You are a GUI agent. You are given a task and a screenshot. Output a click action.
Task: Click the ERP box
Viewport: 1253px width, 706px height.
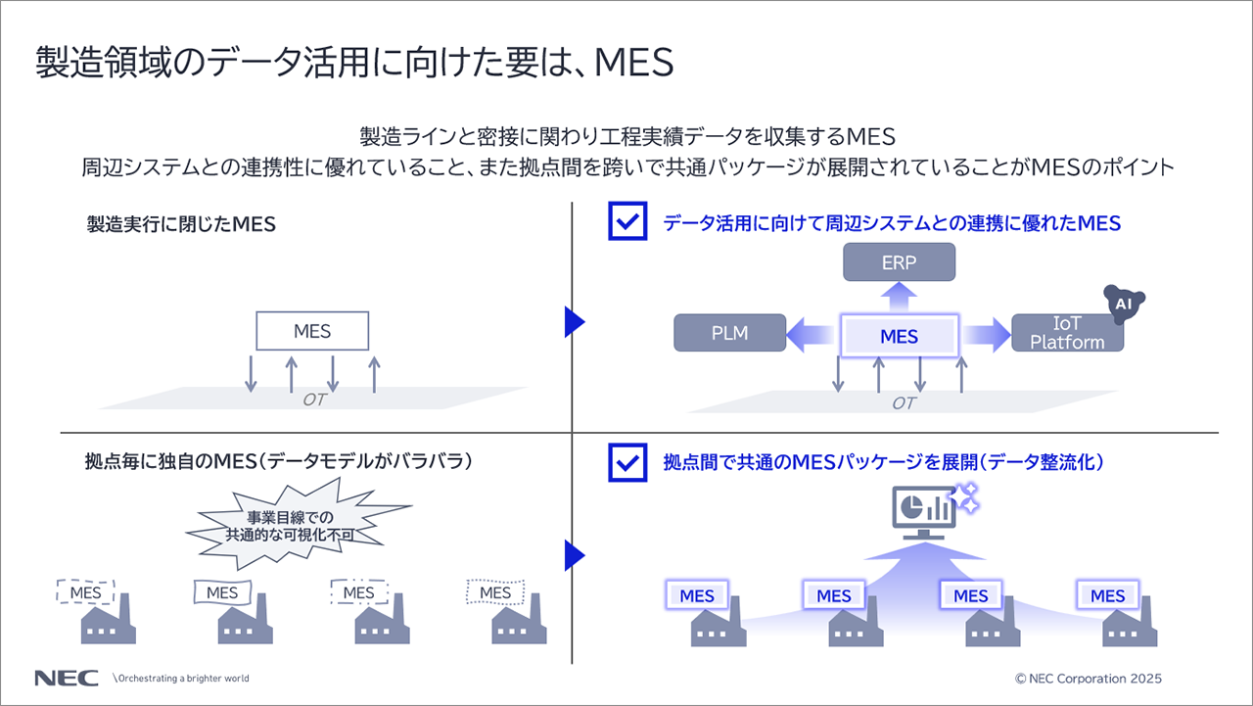pos(899,262)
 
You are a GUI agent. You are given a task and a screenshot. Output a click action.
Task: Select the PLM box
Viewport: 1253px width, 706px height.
pos(729,333)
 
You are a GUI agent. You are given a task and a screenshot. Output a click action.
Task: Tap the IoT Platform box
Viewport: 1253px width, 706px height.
pos(1067,333)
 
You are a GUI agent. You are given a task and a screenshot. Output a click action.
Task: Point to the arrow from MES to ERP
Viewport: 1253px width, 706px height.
pos(899,297)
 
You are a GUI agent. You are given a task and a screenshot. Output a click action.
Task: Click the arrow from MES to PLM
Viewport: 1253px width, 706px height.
pos(812,334)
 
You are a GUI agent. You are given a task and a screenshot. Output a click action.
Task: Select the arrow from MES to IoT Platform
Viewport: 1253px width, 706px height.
pos(985,335)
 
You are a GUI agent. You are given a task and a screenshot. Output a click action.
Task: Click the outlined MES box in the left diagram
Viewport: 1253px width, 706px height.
pos(312,331)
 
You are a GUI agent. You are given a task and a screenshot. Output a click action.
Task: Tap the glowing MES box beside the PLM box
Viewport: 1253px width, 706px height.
pos(899,336)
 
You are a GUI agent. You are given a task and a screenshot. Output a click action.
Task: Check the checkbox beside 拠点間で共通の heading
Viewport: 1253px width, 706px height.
pos(627,462)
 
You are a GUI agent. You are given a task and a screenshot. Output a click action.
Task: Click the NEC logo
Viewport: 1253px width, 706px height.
pos(66,678)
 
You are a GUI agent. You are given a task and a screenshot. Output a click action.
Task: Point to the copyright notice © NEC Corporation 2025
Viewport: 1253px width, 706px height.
pos(1090,678)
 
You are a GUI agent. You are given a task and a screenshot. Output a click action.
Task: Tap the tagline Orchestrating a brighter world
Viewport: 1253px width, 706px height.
pos(182,678)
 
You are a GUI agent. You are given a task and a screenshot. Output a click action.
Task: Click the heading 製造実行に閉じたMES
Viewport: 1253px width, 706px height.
pos(181,224)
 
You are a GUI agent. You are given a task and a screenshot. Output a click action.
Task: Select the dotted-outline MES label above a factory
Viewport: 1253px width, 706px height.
pos(495,592)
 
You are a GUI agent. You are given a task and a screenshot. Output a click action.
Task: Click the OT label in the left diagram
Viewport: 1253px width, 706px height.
pos(313,400)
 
